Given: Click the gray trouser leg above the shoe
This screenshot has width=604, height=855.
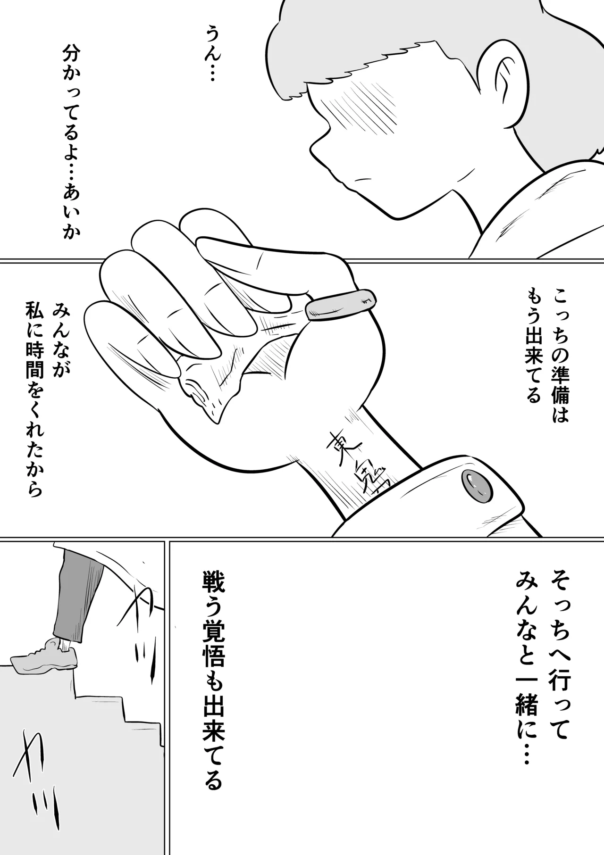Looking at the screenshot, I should [75, 594].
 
